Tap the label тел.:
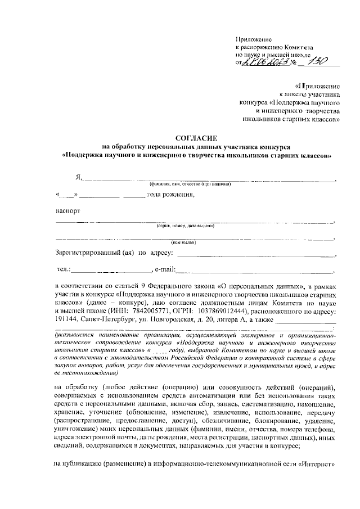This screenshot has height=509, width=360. coord(64,269)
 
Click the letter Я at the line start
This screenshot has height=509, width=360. coord(78,178)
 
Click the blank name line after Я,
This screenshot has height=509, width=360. coord(208,179)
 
